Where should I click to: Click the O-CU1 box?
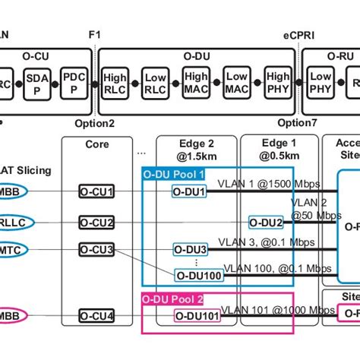pos(97,192)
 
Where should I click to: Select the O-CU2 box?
pos(97,222)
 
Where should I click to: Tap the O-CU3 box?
pos(97,249)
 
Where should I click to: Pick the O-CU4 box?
pos(97,315)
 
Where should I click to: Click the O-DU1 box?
pos(189,192)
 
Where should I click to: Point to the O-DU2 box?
pos(267,222)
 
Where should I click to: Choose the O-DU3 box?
pos(191,249)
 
